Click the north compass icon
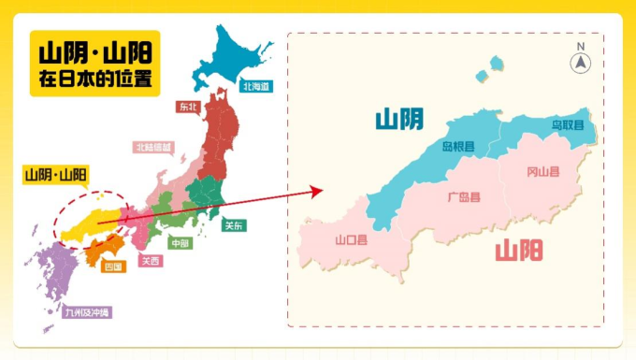click(581, 62)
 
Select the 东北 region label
click(188, 107)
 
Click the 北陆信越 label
click(154, 148)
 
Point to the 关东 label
click(233, 224)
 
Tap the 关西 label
click(150, 261)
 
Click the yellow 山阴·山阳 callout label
click(55, 175)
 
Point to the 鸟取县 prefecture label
click(567, 124)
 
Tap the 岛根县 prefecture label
click(458, 147)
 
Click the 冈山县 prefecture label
click(542, 171)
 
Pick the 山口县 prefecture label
click(351, 239)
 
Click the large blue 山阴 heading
click(398, 119)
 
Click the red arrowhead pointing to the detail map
click(317, 191)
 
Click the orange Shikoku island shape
click(103, 250)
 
